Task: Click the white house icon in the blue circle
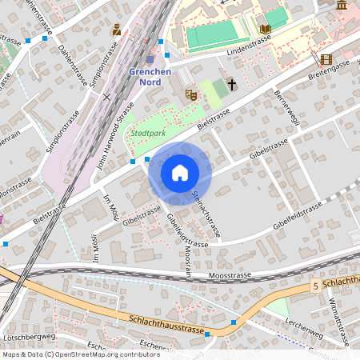179,172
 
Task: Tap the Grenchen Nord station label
150,75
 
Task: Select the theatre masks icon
190,95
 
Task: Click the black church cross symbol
232,83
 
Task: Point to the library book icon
266,30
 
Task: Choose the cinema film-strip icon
326,59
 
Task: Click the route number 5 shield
317,285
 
